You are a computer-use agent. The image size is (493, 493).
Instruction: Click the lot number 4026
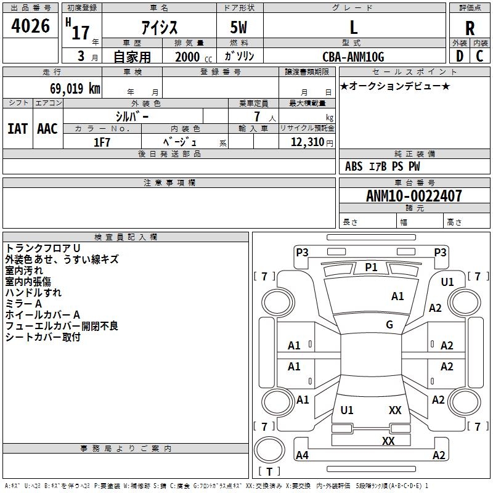(x=30, y=26)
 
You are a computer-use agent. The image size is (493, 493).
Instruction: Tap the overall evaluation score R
(x=470, y=28)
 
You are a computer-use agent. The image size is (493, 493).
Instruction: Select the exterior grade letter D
(x=459, y=55)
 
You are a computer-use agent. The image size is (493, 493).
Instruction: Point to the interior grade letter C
(x=479, y=55)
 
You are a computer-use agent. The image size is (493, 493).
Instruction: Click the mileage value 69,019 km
(x=71, y=88)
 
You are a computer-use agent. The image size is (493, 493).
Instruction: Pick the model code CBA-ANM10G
(x=353, y=57)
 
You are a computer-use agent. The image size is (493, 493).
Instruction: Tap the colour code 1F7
(x=102, y=142)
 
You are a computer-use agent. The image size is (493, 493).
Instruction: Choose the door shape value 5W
(x=240, y=28)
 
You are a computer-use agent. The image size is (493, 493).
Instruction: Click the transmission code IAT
(x=17, y=129)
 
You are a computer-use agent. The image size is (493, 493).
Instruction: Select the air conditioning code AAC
(x=47, y=129)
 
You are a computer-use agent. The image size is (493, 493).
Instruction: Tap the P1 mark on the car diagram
(x=371, y=267)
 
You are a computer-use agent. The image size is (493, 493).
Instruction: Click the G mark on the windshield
(x=389, y=325)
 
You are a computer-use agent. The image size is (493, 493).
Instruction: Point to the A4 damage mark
(x=302, y=455)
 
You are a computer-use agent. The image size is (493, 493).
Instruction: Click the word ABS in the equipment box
(x=354, y=166)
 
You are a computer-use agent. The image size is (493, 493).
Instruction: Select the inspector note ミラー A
(x=23, y=304)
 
